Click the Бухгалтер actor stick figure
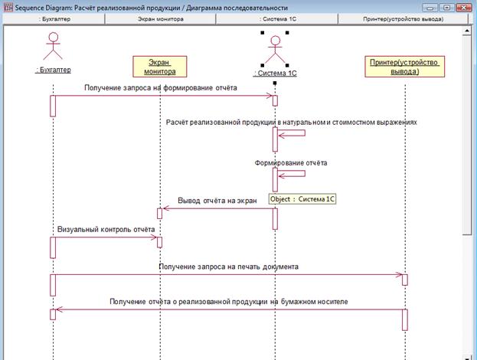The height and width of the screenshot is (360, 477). tap(53, 46)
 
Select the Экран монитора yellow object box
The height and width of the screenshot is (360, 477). tap(160, 67)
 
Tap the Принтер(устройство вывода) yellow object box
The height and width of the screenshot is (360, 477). tap(404, 67)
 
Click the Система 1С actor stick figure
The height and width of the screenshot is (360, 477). tap(275, 49)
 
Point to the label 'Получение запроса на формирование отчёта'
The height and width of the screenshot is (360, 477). tap(160, 87)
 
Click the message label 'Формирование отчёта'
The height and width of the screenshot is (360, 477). tap(291, 163)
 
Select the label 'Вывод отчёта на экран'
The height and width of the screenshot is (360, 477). tap(217, 201)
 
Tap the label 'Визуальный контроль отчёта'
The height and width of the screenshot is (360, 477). tap(106, 229)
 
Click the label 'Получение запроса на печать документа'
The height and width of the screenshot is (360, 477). tap(228, 267)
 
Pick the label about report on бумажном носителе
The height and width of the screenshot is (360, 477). tap(228, 301)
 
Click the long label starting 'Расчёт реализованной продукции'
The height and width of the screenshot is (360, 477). tap(291, 122)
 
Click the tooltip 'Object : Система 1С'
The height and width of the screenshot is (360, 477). tap(302, 199)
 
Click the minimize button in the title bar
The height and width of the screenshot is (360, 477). tap(430, 8)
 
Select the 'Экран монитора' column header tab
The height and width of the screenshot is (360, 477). tap(160, 19)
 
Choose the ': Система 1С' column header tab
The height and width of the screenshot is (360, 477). tap(277, 19)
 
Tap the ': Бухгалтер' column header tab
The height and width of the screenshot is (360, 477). tap(54, 19)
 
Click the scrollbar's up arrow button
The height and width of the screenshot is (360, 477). tap(466, 31)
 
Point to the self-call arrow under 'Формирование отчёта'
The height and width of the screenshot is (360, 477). tap(292, 174)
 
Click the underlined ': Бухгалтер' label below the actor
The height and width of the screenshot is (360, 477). tap(53, 70)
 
